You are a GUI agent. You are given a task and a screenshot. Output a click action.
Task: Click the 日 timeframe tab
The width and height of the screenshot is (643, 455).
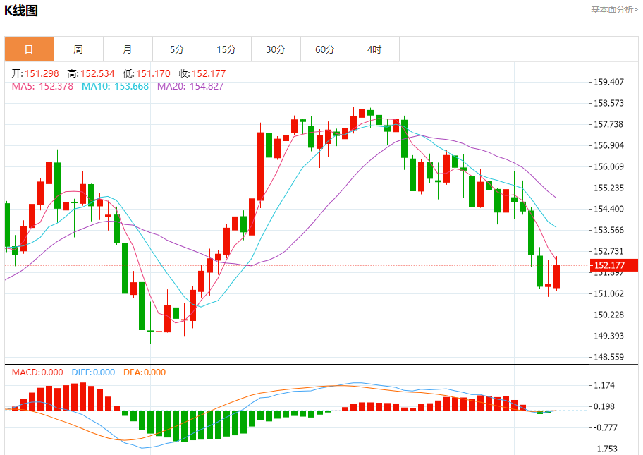[x=29, y=49]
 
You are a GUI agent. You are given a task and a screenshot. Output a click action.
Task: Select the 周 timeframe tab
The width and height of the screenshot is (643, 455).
[x=78, y=49]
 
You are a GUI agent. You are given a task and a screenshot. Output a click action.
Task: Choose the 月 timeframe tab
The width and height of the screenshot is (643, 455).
[x=128, y=49]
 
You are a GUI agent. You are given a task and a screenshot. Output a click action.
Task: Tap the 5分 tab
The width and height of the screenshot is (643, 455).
[x=177, y=49]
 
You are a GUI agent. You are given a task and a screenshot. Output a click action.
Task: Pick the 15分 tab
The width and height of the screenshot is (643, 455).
[x=226, y=49]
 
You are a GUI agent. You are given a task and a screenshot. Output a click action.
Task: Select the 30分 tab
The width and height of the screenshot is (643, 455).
[x=276, y=49]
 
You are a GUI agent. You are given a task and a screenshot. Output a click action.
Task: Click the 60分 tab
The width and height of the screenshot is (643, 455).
[x=325, y=49]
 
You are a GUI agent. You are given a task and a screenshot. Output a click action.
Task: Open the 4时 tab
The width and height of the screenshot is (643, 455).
[x=374, y=49]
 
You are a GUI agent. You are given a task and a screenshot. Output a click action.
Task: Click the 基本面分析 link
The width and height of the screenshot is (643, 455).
[x=614, y=10]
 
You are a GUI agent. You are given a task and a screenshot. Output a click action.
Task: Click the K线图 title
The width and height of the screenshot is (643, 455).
[x=21, y=11]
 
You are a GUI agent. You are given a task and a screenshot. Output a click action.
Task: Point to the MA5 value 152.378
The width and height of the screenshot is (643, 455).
[x=42, y=86]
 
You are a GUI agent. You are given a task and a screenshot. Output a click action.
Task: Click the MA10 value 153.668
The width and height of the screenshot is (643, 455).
[x=115, y=86]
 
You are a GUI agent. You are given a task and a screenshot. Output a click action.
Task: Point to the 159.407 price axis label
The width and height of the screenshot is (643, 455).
[x=608, y=82]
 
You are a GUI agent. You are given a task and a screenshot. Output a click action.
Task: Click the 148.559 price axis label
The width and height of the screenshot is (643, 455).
[x=608, y=357]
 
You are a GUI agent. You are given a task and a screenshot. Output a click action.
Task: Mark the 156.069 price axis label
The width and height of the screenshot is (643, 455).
[x=608, y=166]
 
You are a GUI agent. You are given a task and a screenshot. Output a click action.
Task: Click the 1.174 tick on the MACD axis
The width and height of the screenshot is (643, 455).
[x=606, y=385]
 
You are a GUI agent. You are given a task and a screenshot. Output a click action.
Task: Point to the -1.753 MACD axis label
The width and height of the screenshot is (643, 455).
[x=606, y=449]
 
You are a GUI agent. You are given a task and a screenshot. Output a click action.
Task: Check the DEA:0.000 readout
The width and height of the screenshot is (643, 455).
[x=145, y=372]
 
